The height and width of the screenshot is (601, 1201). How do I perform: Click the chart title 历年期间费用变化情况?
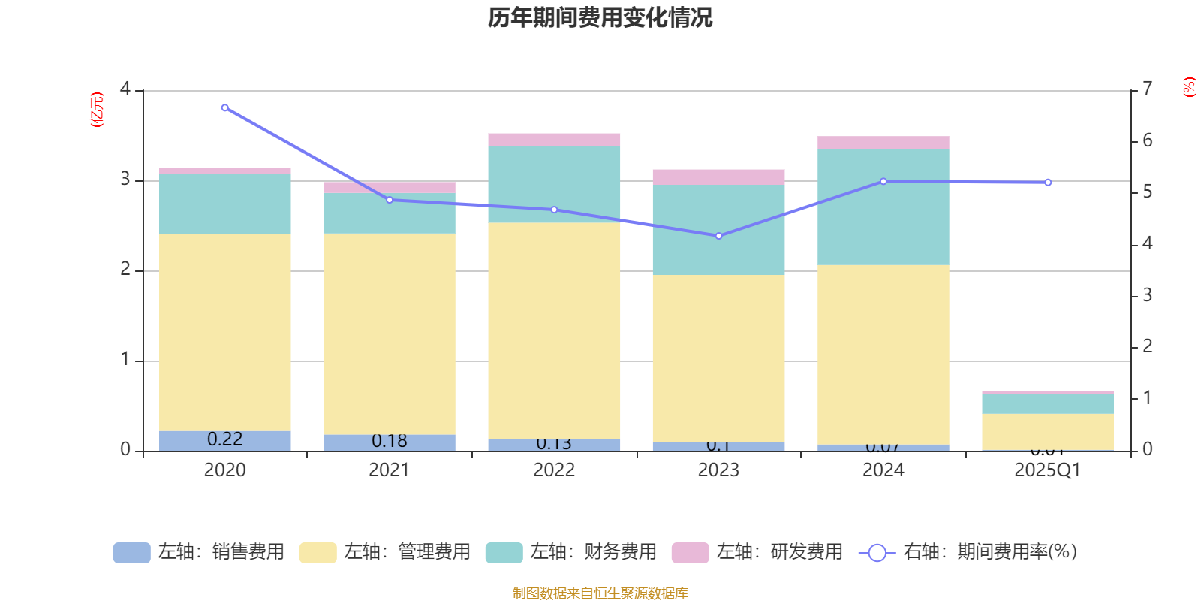(x=600, y=17)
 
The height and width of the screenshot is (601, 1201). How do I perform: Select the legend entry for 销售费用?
(x=200, y=552)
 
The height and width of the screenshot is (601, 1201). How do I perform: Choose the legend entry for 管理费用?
(x=386, y=552)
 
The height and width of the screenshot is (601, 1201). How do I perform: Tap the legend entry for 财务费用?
(x=572, y=552)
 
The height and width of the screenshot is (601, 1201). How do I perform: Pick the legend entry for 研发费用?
(x=758, y=552)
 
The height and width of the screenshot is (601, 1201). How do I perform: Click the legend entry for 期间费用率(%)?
(x=973, y=552)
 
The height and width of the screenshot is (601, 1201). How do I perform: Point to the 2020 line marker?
(x=225, y=107)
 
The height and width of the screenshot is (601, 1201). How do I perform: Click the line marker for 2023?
(x=718, y=236)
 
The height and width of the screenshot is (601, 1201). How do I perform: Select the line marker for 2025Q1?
(x=1048, y=182)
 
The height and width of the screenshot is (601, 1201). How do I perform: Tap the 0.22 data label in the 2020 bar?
(x=225, y=439)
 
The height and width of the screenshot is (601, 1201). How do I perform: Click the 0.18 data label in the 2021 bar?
(x=390, y=441)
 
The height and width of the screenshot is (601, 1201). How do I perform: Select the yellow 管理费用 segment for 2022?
(x=554, y=331)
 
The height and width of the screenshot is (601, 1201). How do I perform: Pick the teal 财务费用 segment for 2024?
(x=883, y=207)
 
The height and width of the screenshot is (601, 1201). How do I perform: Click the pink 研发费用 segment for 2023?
(x=718, y=177)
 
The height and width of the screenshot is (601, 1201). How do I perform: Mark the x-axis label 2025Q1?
(x=1048, y=470)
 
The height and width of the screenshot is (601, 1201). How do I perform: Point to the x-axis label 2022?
(x=554, y=470)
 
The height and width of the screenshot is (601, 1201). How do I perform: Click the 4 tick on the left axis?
(x=125, y=89)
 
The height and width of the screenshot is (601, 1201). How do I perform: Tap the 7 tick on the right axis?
(x=1147, y=89)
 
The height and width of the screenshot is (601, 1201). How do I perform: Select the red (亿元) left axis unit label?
(x=97, y=110)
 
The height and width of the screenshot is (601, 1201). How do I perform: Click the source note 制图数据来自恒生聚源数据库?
(x=600, y=593)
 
